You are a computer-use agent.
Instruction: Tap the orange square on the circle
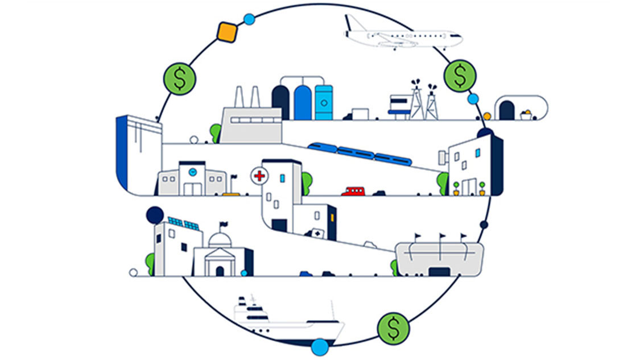(x=227, y=31)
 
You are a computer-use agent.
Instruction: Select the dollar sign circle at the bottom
(x=393, y=328)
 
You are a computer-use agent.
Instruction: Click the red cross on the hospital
(x=259, y=176)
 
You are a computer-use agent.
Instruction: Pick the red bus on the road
(x=353, y=191)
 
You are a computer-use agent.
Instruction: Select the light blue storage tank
(x=324, y=102)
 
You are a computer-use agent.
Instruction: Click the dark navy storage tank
(x=280, y=102)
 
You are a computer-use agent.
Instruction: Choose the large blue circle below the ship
(x=320, y=346)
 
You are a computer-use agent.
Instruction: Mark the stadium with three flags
(x=439, y=259)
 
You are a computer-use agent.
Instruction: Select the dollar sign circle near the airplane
(x=460, y=76)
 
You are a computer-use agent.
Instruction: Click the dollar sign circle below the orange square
(x=180, y=79)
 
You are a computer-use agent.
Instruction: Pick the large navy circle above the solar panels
(x=155, y=215)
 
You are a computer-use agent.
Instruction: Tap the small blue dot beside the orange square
(x=249, y=19)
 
